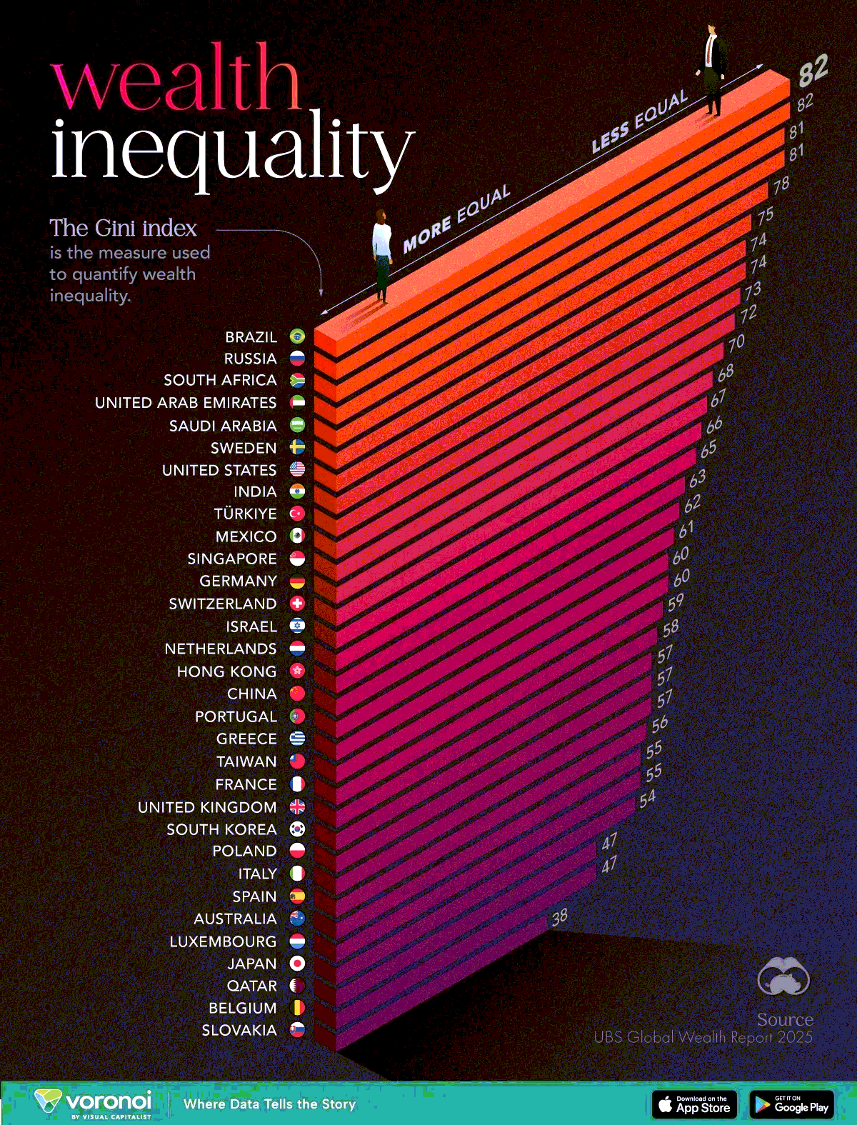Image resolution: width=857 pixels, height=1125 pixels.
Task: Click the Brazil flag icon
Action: [297, 336]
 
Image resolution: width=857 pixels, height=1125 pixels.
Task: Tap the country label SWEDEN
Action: [243, 448]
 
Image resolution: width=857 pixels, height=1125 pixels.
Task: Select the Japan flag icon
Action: [297, 964]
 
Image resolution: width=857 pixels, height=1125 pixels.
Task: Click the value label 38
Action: [559, 916]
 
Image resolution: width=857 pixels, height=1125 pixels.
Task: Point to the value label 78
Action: [781, 184]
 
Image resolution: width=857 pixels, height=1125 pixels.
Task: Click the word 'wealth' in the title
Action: [176, 77]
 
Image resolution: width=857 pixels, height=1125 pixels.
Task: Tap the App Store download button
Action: [694, 1104]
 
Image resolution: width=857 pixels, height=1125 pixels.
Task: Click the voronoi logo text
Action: [108, 1100]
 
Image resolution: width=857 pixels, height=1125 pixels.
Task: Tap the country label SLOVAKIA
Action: [239, 1030]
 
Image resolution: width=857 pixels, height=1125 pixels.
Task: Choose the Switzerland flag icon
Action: [297, 604]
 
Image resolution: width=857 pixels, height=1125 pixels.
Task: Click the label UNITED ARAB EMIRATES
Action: [186, 403]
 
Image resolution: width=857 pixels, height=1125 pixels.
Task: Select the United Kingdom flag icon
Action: [297, 806]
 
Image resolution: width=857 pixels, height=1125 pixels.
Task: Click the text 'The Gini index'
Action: [123, 228]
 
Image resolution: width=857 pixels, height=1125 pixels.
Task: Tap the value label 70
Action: [736, 344]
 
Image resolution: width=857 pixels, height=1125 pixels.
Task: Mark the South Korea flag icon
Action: [297, 829]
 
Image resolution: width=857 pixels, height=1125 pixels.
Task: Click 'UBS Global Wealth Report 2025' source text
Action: [703, 1037]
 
